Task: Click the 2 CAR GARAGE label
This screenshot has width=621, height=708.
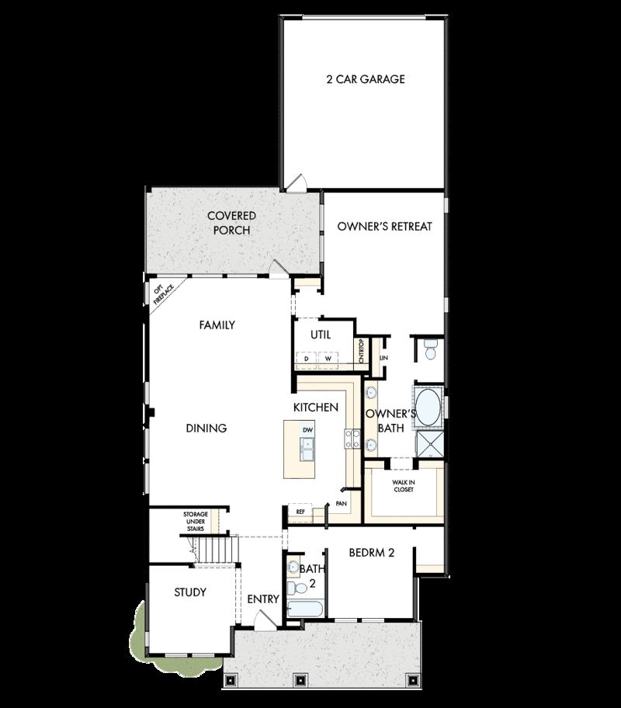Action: tap(364, 79)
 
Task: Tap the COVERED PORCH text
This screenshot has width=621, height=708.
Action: tap(231, 223)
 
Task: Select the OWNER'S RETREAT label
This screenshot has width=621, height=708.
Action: tap(384, 227)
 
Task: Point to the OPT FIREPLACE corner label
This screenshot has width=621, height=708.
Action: tap(161, 294)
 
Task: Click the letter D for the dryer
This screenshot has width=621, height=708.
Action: tap(307, 359)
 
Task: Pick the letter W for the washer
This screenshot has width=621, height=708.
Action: tap(328, 359)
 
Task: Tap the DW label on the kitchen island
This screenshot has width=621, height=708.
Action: tap(307, 429)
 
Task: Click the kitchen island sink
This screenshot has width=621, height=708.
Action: tap(308, 446)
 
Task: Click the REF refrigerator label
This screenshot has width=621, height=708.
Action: tap(300, 512)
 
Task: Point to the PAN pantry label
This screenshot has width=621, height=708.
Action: tap(341, 504)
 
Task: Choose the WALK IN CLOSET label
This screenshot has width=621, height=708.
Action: tap(403, 486)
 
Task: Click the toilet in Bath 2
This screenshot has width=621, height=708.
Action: tap(293, 567)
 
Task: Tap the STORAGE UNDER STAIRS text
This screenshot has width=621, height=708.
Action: tap(195, 521)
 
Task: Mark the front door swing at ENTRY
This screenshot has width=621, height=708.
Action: tap(264, 620)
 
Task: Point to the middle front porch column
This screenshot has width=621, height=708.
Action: tap(300, 680)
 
